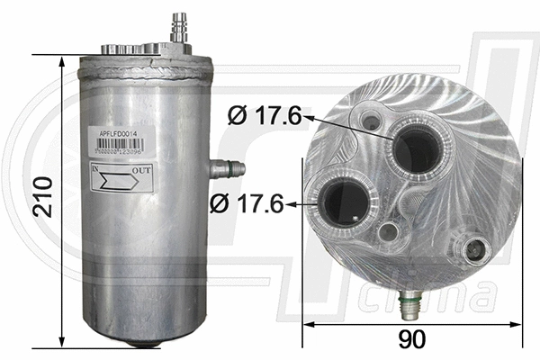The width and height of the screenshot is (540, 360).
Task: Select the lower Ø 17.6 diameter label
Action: coord(246,204)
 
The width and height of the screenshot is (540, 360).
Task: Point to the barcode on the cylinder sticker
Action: coord(120,154)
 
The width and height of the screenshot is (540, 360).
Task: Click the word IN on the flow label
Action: coord(96,168)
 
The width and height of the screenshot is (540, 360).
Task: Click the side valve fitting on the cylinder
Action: coord(227,166)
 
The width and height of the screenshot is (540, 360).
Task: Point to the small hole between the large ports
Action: coord(389,233)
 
